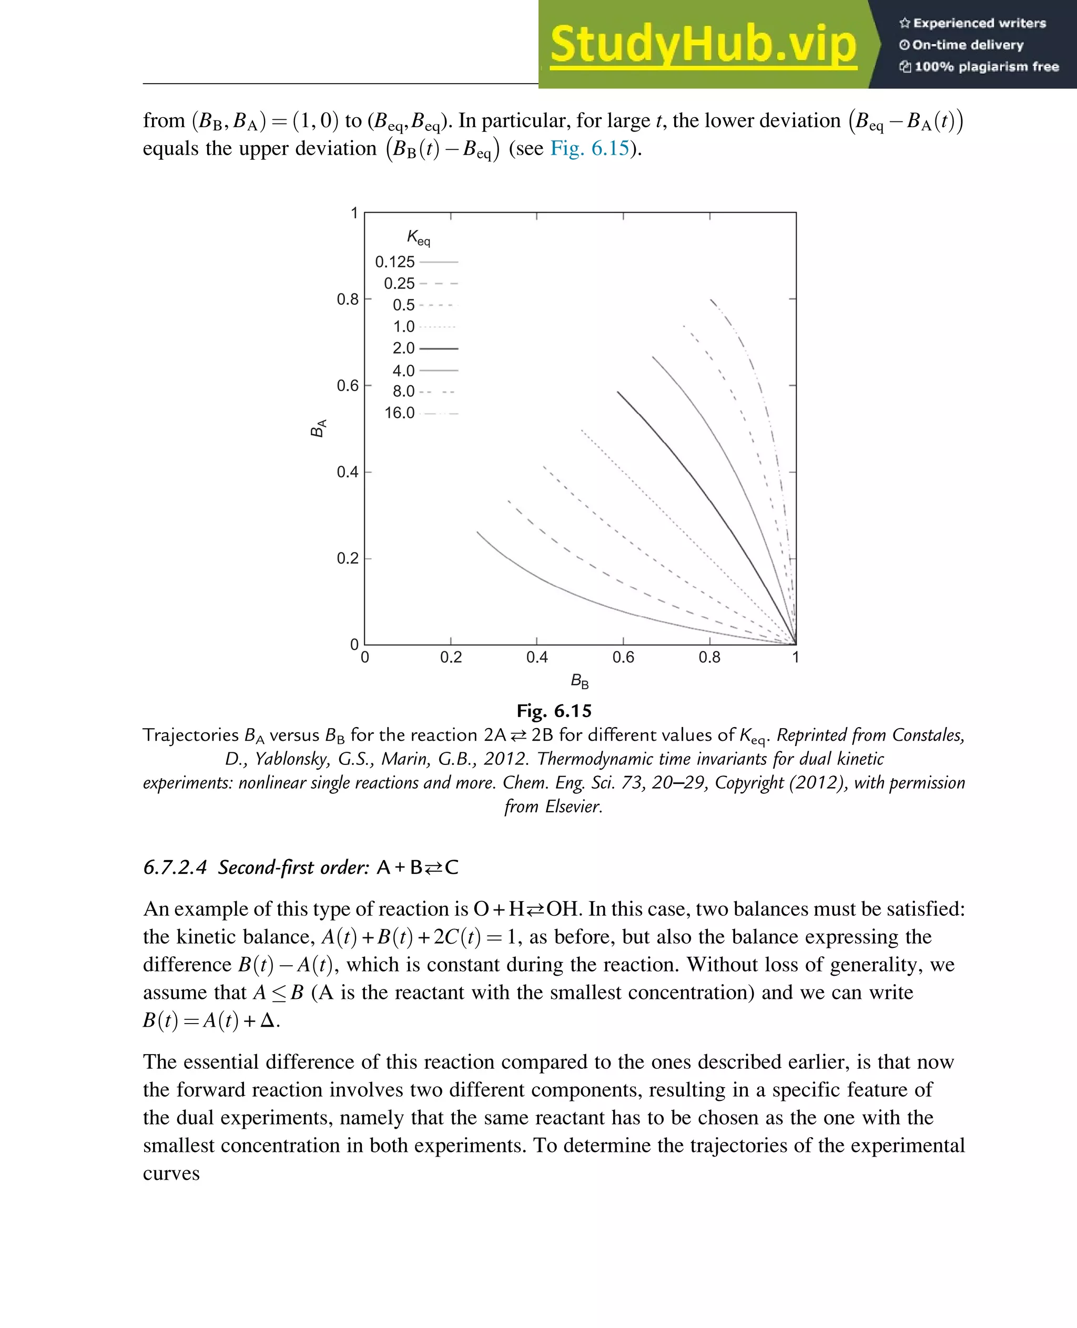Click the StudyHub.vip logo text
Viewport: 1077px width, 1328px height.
703,45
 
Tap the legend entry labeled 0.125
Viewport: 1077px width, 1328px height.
394,262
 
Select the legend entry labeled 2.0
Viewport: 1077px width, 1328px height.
403,349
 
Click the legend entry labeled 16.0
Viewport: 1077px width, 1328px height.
399,413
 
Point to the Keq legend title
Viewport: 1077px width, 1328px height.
418,238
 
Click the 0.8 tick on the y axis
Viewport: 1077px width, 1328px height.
348,300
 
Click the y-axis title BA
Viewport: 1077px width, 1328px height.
318,428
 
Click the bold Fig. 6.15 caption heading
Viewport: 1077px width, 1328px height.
554,711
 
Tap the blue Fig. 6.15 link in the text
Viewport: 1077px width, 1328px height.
590,148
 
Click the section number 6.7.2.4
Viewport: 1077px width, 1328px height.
175,867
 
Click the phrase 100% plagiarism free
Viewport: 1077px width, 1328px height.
986,67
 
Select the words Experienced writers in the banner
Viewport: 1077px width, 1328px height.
979,24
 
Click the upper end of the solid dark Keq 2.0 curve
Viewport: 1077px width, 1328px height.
618,392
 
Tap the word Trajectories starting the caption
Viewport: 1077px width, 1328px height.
190,735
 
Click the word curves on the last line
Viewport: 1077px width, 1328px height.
171,1173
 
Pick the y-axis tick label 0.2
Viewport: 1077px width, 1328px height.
348,558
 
